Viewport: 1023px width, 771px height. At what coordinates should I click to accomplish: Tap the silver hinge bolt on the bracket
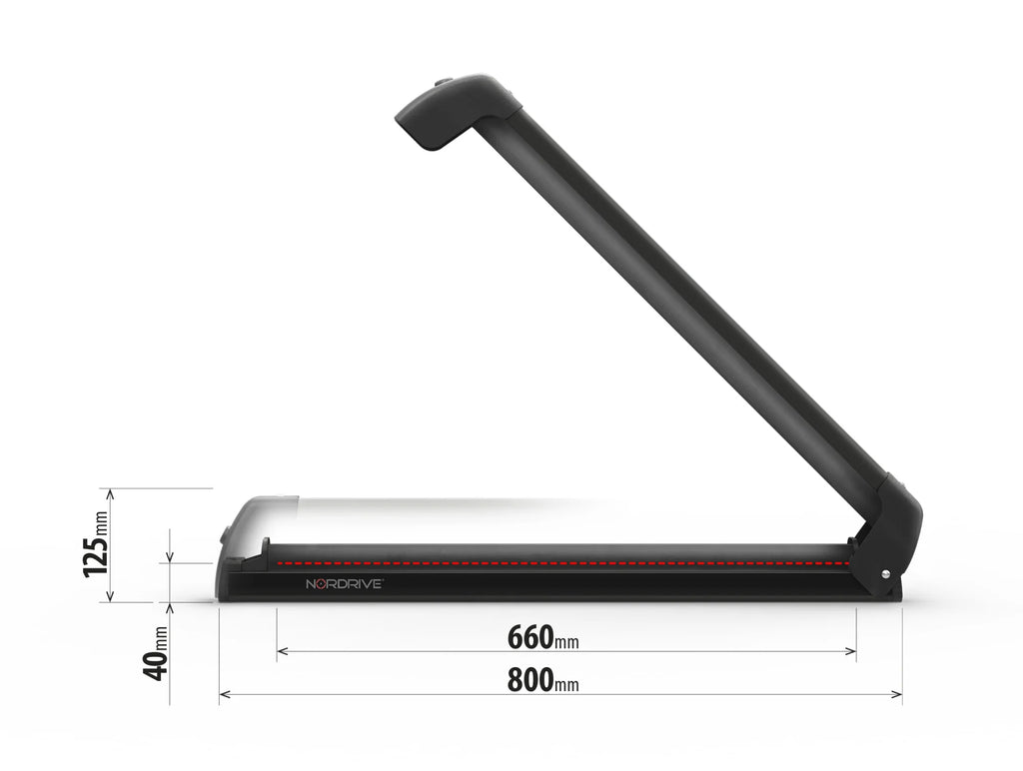point(885,573)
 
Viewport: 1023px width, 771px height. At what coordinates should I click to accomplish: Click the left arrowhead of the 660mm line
point(282,652)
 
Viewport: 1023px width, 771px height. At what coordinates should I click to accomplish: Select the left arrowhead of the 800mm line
point(224,694)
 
